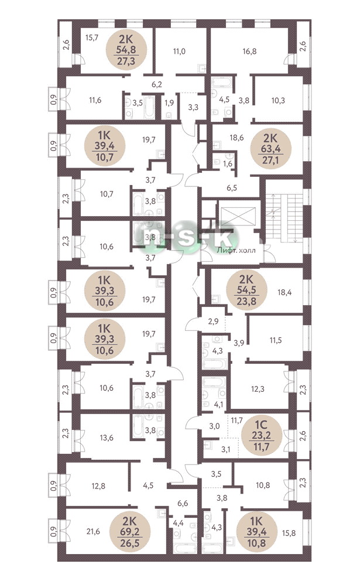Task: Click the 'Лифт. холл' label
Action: click(x=236, y=250)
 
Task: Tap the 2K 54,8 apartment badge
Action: click(x=126, y=50)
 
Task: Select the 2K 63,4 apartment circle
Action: click(x=272, y=149)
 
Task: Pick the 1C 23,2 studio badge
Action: click(x=262, y=434)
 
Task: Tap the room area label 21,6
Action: click(x=93, y=532)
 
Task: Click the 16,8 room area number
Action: click(x=249, y=51)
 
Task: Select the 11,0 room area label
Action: click(x=179, y=51)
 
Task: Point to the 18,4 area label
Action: click(x=284, y=292)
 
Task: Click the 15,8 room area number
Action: click(x=289, y=533)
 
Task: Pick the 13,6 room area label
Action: click(x=107, y=438)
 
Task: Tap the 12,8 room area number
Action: click(x=98, y=486)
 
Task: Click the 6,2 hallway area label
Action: click(x=157, y=84)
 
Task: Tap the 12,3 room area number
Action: click(x=258, y=389)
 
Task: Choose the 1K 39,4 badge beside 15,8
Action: click(x=256, y=532)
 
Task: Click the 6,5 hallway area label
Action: click(x=232, y=188)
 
